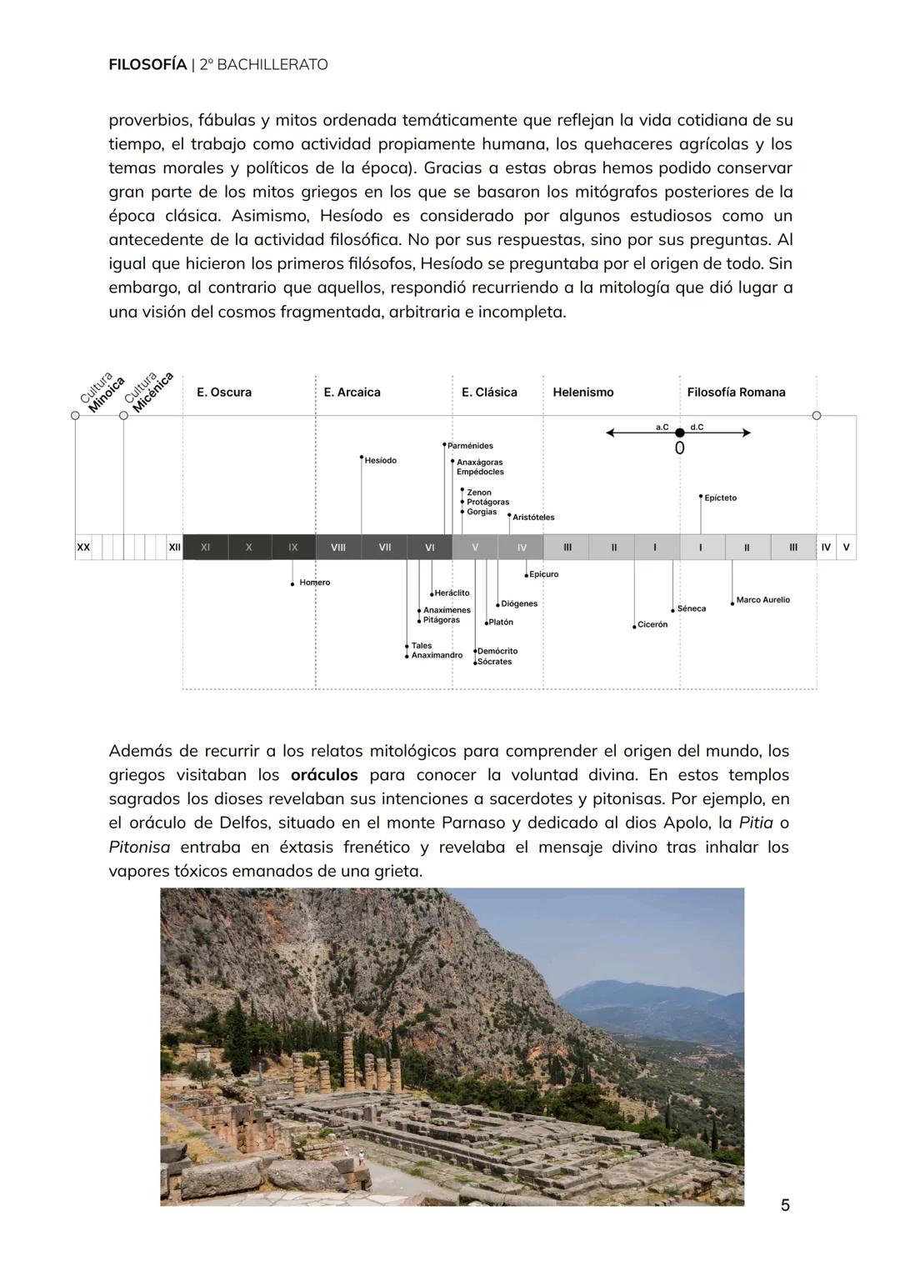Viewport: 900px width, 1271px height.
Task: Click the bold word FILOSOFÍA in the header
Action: [147, 64]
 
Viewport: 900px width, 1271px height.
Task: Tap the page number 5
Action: [784, 1204]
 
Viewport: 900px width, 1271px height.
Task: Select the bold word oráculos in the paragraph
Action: [324, 775]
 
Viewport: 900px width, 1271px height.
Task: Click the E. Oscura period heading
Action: [223, 393]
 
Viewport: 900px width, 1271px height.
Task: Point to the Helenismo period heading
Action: [582, 393]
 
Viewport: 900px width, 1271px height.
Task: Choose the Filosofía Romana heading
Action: [735, 393]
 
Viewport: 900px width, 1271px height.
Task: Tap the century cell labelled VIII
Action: [338, 548]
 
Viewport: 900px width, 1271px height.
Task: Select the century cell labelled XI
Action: [205, 548]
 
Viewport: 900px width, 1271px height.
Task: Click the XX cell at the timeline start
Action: [83, 548]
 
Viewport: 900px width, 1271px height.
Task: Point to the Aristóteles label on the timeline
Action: [533, 518]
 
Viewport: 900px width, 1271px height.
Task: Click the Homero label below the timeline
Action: [314, 583]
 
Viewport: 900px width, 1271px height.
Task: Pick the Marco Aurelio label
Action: [762, 600]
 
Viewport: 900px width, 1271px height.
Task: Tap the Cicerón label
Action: [652, 624]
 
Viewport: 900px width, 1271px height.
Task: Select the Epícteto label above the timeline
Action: [720, 498]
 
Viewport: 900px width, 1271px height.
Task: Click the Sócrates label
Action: [494, 662]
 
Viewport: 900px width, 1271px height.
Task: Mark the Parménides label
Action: [470, 446]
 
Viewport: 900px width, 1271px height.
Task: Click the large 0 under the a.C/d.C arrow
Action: [679, 448]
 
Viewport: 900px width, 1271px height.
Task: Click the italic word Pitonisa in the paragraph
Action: [139, 848]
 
